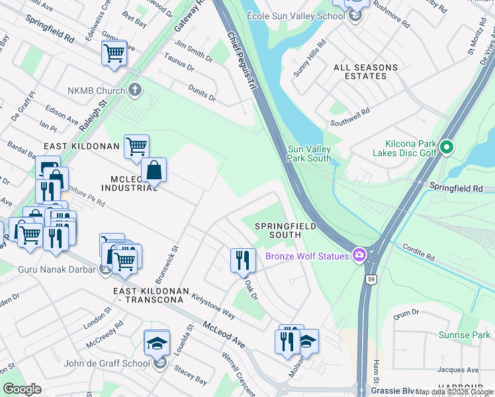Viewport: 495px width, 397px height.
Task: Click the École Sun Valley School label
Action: tap(295, 16)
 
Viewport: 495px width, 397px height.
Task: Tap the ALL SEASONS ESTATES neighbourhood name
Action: tap(365, 71)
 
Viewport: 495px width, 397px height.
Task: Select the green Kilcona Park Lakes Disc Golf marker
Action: tap(447, 147)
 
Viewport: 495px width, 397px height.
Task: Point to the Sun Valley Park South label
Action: tap(309, 154)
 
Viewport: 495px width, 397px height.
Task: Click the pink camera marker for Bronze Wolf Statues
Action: tap(359, 255)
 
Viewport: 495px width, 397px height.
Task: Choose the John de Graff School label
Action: tap(107, 363)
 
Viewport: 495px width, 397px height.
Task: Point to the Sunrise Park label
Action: tap(467, 335)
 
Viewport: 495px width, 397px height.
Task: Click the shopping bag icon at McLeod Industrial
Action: tap(154, 171)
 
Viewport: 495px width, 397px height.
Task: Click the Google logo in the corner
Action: tap(22, 389)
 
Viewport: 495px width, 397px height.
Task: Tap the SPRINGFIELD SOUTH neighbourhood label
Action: tap(285, 230)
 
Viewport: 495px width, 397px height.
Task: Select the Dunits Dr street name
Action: tap(202, 95)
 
